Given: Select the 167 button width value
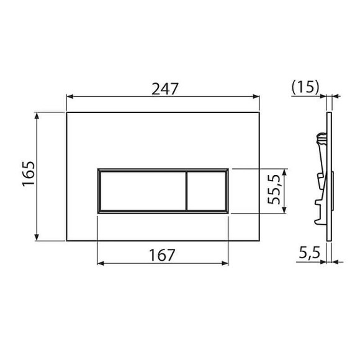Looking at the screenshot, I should (163, 254).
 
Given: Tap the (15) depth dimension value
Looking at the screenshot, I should (305, 88).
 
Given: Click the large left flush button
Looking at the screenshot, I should (142, 191).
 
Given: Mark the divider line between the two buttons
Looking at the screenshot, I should (186, 191).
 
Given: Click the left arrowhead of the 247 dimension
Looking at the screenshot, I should (70, 97).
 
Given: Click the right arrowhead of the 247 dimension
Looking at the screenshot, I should (256, 97).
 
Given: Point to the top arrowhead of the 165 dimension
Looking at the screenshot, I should (38, 115).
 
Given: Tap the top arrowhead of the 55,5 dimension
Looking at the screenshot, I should (284, 171).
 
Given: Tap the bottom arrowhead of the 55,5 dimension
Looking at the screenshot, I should (284, 210).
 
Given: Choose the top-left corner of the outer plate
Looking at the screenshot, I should (66, 112).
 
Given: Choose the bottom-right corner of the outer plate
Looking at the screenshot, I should (259, 240).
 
